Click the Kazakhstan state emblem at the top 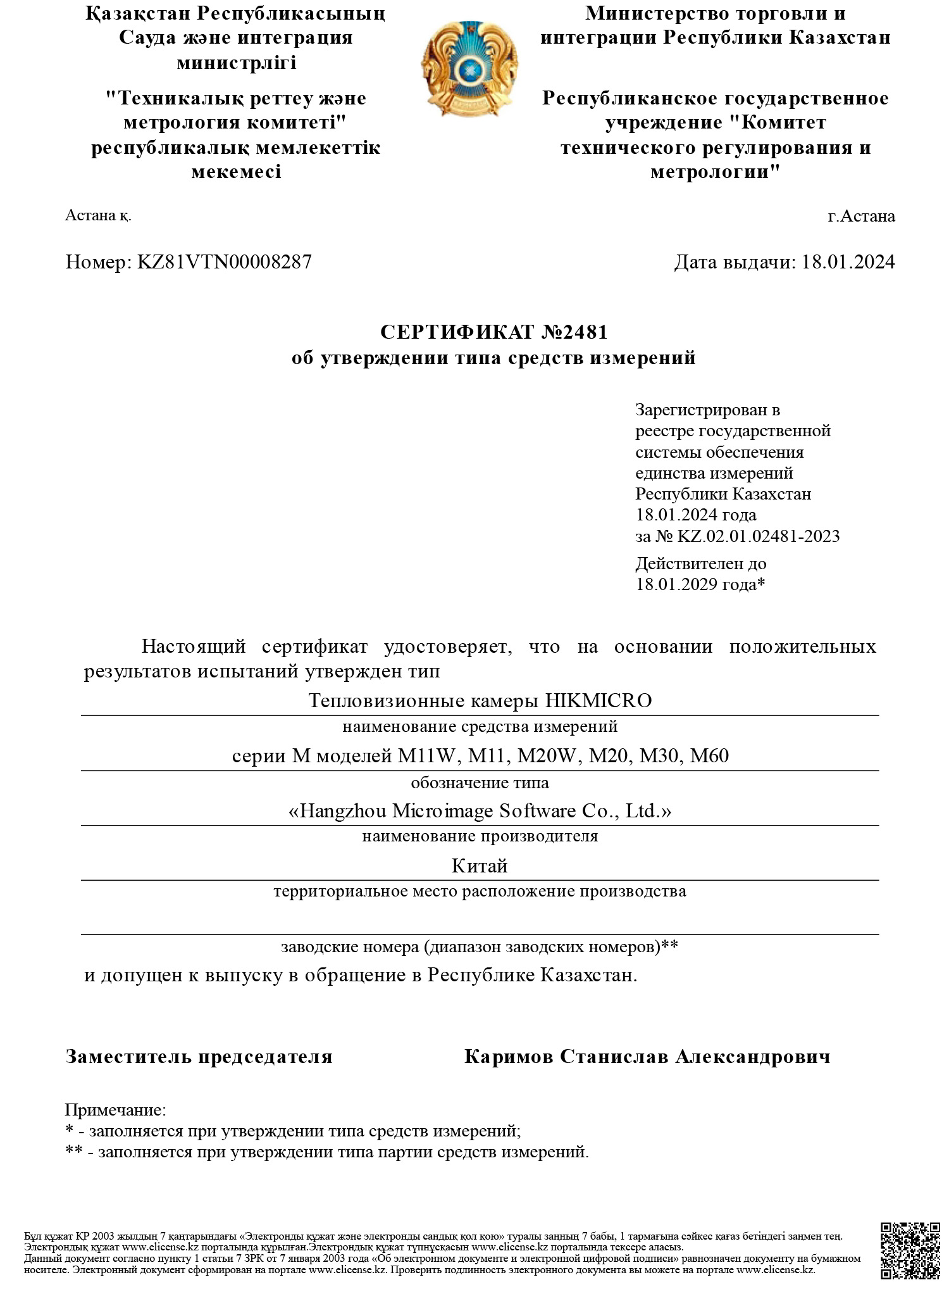470,68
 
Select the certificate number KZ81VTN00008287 225,262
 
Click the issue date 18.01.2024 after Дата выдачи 848,262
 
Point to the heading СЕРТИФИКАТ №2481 493,332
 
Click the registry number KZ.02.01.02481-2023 759,536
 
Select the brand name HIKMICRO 598,701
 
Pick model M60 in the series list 709,756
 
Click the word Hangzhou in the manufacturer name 343,811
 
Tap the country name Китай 480,866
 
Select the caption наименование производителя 480,836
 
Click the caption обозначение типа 480,783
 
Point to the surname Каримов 508,1057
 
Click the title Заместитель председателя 199,1057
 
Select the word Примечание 115,1110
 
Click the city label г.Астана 861,217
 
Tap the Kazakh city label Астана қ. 98,216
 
